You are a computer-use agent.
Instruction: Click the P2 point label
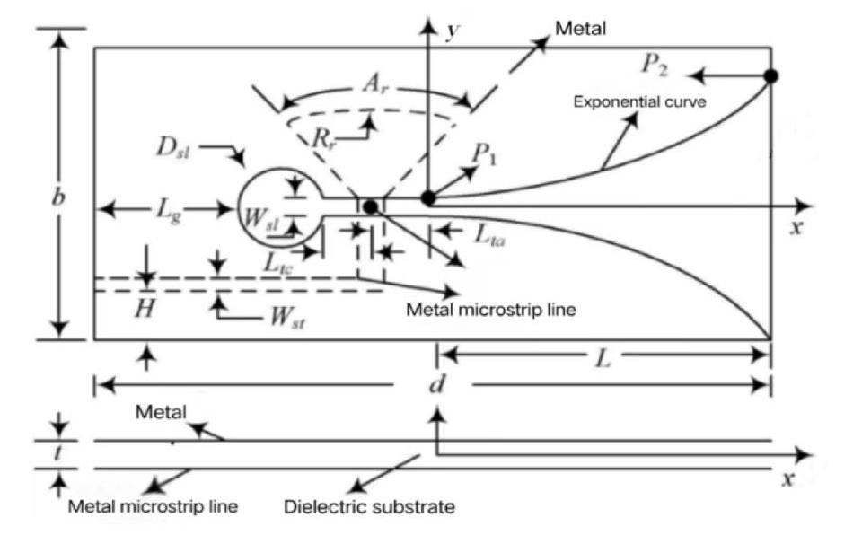tap(655, 66)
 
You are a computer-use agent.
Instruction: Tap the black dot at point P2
tap(771, 76)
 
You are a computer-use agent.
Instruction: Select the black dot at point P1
tap(428, 198)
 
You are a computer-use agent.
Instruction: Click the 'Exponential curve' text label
tap(639, 101)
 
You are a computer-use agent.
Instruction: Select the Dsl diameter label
tap(173, 148)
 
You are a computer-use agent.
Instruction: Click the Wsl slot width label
tap(262, 218)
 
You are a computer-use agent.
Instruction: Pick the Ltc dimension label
tap(278, 263)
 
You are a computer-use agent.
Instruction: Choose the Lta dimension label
tap(489, 235)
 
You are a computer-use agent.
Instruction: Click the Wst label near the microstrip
tap(287, 317)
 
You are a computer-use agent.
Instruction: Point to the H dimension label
tap(145, 309)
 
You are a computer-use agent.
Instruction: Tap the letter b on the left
tap(58, 197)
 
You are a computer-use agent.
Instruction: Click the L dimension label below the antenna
tap(603, 359)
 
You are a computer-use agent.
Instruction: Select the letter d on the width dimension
tap(436, 384)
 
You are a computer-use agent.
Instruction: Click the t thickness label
tap(57, 453)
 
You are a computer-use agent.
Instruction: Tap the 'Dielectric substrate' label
tap(369, 506)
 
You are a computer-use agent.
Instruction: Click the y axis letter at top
tap(453, 31)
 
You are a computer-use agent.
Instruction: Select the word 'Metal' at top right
tap(580, 28)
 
